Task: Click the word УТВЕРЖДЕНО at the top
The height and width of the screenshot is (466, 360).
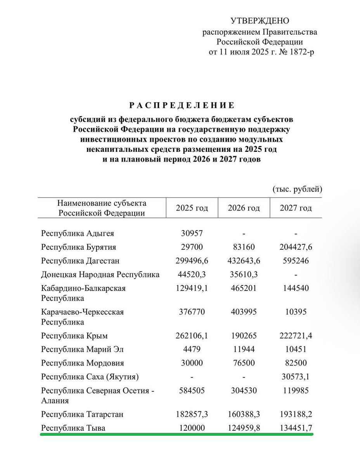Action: tap(260, 21)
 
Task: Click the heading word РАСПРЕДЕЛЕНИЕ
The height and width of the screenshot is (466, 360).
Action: tap(182, 105)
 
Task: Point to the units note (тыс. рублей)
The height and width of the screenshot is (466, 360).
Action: tap(298, 189)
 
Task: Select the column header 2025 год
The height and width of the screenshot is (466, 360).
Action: tap(192, 208)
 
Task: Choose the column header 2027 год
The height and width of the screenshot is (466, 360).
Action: tap(296, 208)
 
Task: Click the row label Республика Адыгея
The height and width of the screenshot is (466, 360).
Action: tap(78, 234)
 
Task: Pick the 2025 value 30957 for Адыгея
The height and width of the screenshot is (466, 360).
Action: tap(192, 234)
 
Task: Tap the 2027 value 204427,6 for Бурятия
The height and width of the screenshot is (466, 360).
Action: tap(296, 247)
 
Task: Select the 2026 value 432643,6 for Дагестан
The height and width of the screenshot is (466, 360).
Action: tap(244, 261)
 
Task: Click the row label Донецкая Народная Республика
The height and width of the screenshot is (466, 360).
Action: tap(100, 275)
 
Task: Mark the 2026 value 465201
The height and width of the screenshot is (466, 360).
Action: tap(244, 288)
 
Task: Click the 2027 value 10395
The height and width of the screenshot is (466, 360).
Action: tap(296, 312)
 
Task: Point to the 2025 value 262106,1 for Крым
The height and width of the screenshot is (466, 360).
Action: tap(192, 336)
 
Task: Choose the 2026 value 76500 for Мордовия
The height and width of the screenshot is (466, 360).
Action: tap(244, 363)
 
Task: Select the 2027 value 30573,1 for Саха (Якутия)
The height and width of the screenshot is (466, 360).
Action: tap(296, 377)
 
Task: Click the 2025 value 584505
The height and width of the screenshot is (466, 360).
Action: tap(192, 390)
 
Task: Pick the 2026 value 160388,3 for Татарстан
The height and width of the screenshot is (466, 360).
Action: tap(244, 414)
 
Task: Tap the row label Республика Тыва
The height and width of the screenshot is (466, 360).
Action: tap(73, 428)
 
